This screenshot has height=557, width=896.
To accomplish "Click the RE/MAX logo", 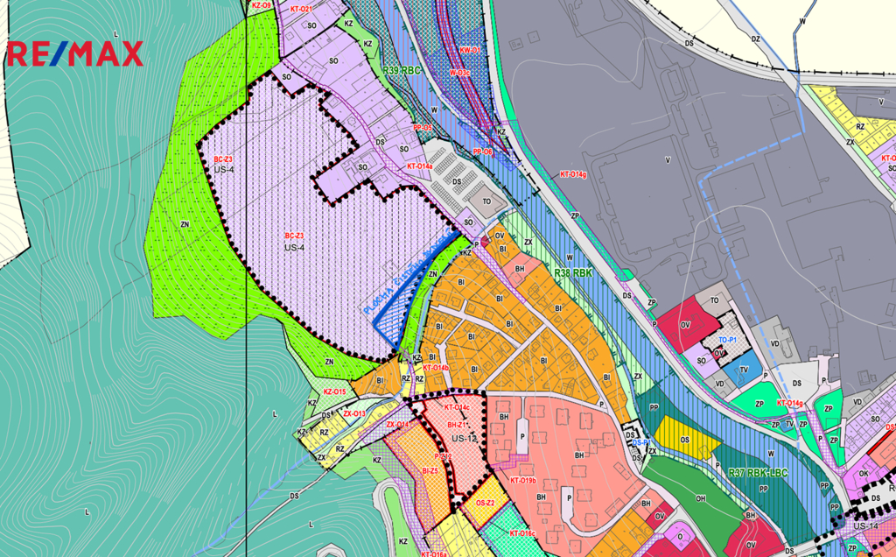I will (75, 53).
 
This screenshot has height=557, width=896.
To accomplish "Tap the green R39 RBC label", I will (402, 70).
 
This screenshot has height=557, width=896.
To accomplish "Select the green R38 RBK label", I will (574, 273).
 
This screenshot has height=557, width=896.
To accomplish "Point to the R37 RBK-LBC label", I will (759, 473).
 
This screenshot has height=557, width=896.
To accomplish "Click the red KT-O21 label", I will (301, 9).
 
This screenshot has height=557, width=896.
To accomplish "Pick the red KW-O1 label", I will (470, 51).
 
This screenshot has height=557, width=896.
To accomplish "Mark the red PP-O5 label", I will (423, 128).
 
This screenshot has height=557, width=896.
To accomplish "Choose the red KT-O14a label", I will (419, 166).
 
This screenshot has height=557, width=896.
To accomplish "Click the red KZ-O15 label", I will (334, 391).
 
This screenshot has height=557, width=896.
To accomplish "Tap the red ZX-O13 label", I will (353, 412).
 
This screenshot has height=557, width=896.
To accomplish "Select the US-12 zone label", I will (464, 437).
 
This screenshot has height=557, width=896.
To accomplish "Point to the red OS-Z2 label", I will (486, 503).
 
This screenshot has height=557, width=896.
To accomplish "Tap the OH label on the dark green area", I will (700, 498).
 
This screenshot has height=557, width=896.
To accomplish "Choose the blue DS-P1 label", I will (640, 443).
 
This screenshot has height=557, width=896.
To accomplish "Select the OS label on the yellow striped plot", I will (684, 440).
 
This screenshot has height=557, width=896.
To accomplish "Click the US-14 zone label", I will (865, 525).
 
